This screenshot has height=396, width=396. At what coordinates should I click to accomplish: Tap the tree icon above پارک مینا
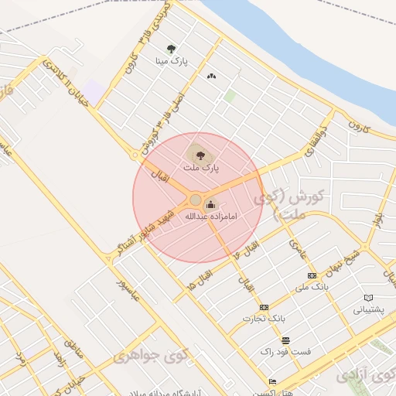(x=171, y=48)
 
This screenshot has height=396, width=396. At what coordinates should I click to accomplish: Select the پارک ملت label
(x=201, y=166)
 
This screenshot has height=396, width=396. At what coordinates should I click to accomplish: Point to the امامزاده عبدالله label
(x=210, y=217)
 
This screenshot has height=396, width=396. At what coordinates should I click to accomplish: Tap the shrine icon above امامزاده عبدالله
(x=211, y=204)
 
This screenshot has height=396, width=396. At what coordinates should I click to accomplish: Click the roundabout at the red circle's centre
(x=196, y=200)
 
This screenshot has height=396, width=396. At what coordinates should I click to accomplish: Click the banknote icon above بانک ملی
(x=312, y=275)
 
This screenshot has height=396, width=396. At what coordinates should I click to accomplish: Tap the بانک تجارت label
(x=264, y=318)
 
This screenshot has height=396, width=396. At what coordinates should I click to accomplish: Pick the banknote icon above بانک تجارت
(x=264, y=307)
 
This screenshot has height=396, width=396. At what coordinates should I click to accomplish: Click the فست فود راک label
(x=288, y=351)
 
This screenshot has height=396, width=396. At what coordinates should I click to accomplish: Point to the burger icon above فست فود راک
(x=286, y=340)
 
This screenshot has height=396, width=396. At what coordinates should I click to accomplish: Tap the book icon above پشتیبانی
(x=369, y=298)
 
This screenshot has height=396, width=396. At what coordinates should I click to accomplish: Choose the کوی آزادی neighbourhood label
(x=364, y=375)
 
